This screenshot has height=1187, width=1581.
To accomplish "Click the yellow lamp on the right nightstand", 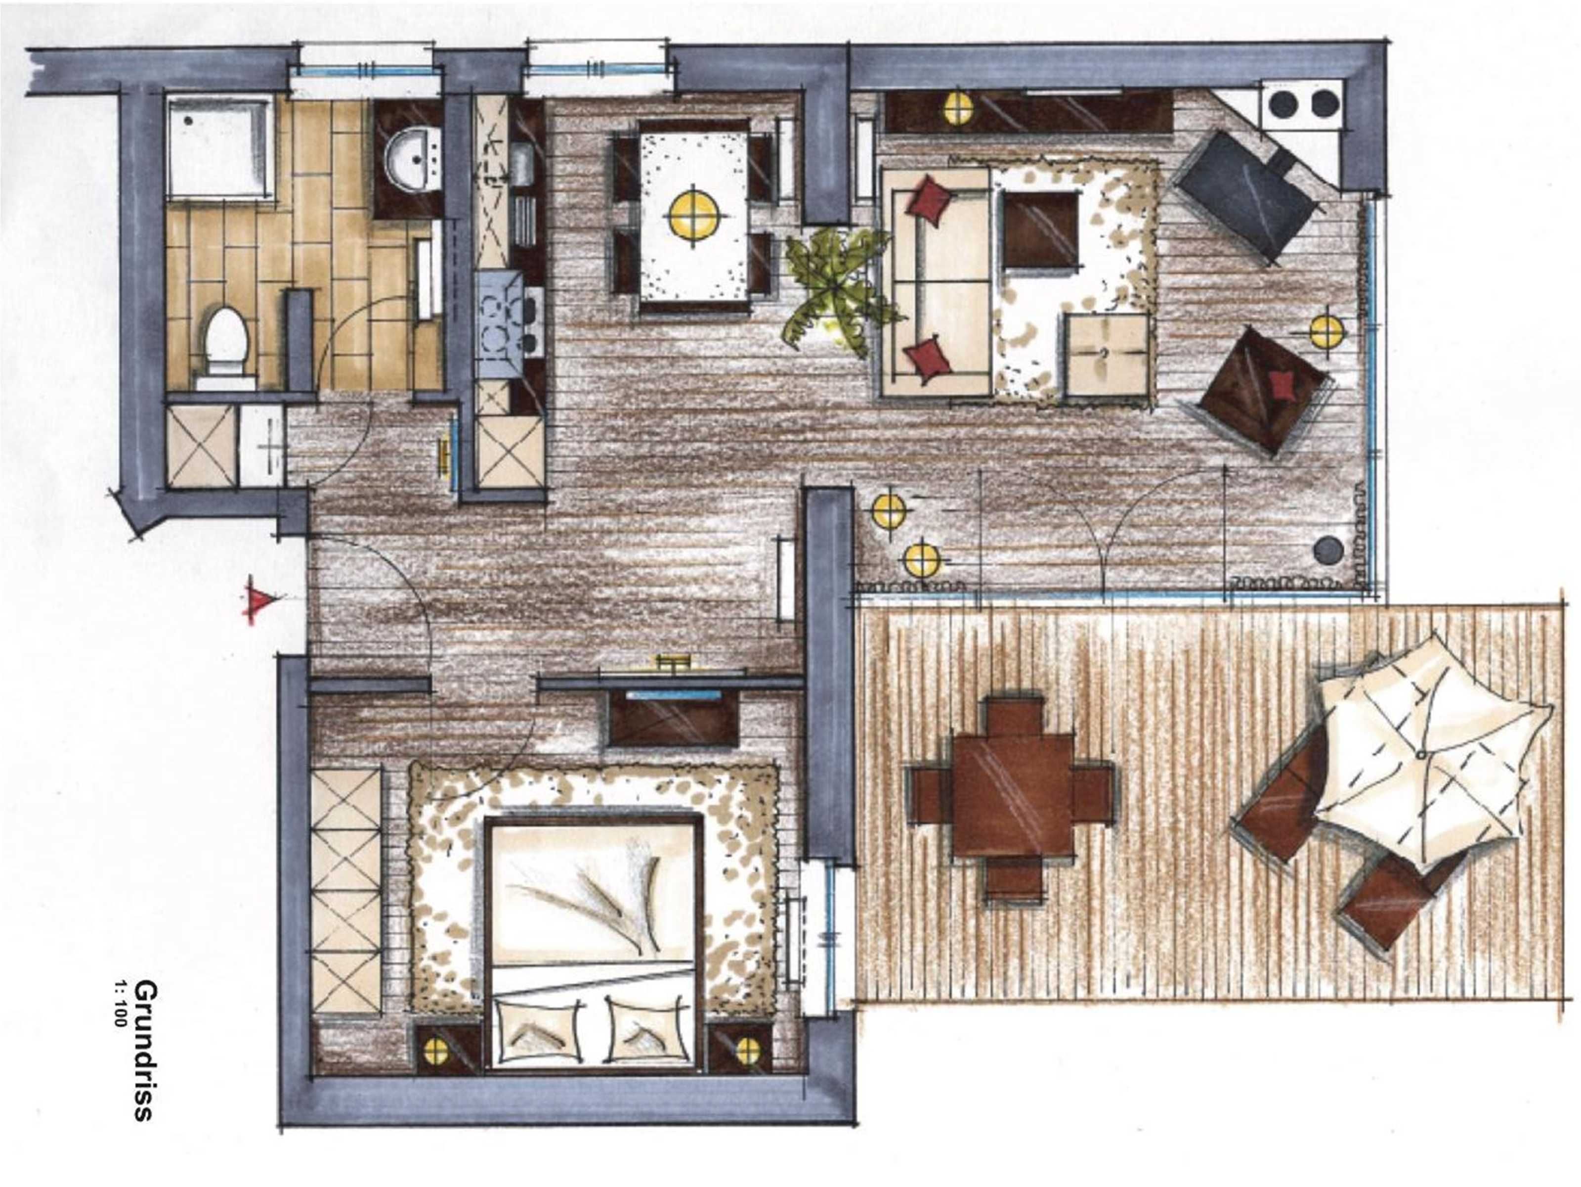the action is (x=748, y=1050).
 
